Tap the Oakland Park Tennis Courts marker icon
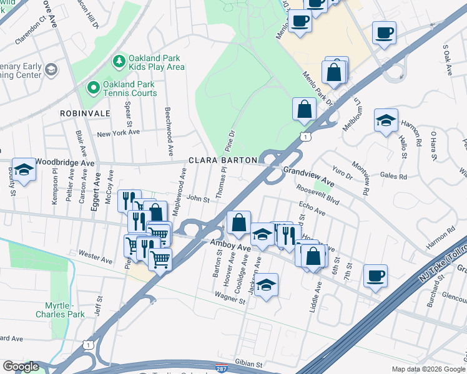(x=94, y=87)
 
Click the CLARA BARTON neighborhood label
(x=223, y=160)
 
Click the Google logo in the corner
(x=21, y=367)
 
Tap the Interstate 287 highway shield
(x=222, y=369)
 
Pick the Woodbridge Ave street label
(x=64, y=162)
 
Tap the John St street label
(x=197, y=199)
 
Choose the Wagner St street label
(x=229, y=297)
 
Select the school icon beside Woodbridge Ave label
(x=24, y=170)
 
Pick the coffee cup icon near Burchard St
(x=375, y=275)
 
